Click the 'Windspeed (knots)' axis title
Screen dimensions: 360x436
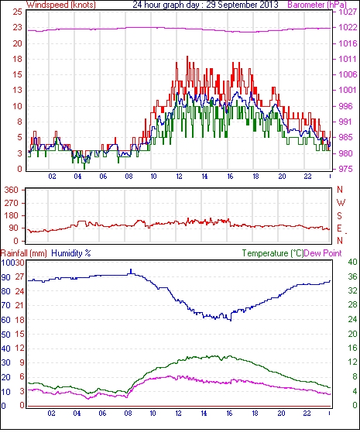61,5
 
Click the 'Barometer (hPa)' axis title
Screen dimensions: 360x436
317,5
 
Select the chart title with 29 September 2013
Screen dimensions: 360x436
205,5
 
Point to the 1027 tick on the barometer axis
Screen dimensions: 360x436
348,12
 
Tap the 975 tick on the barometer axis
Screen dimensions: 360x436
346,169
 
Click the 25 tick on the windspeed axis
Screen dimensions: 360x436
17,12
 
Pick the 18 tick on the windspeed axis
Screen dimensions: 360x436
17,59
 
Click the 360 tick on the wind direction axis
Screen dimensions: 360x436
11,191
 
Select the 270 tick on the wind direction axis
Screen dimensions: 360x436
11,203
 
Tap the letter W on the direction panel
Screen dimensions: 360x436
341,203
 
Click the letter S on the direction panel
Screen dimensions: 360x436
339,216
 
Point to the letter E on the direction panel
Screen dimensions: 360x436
339,228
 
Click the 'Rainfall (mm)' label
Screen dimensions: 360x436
24,253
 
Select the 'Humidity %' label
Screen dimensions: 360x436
71,253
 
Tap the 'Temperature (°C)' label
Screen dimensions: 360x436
273,253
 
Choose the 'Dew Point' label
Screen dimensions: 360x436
323,253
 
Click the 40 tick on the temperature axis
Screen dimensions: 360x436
352,262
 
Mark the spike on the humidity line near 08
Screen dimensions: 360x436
131,271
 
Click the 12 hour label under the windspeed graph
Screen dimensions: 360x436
179,177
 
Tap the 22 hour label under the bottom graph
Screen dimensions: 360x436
307,414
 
